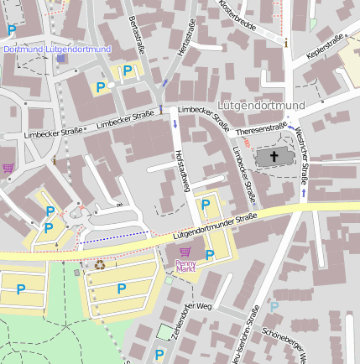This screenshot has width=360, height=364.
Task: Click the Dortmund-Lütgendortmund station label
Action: point(57,49)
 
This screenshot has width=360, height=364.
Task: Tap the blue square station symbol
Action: point(61,58)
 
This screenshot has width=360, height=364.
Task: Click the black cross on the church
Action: point(274,156)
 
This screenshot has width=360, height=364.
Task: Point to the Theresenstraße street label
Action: point(262,130)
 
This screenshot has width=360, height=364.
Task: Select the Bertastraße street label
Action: point(135,34)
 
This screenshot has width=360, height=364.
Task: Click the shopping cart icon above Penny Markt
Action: point(185,252)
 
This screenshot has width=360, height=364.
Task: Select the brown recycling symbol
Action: point(100,264)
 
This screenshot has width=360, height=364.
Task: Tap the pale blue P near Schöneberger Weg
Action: point(274,307)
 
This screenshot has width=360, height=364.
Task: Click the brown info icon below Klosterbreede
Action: point(286,42)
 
